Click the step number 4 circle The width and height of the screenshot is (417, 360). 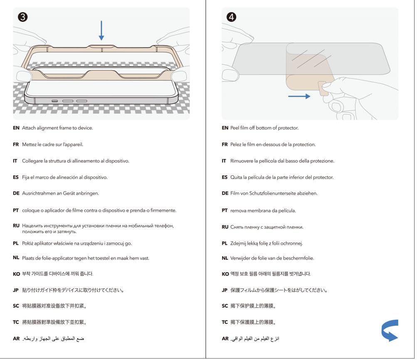point(232,17)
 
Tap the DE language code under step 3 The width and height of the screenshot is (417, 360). point(16,194)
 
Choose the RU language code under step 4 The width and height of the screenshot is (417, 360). point(225,227)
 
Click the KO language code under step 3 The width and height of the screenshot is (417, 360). point(16,274)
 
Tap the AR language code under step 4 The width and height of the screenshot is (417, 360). point(225,339)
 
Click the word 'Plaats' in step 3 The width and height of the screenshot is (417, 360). point(29,258)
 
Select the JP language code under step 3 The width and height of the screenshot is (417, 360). point(16,290)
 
